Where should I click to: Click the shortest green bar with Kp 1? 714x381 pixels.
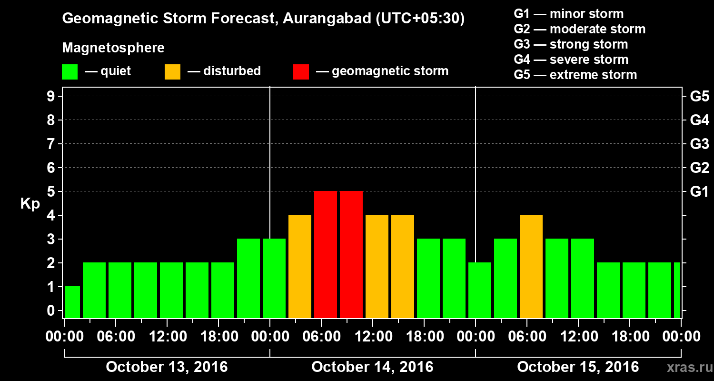(72, 302)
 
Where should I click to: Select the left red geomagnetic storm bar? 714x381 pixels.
(326, 254)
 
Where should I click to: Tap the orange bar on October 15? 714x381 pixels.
(531, 266)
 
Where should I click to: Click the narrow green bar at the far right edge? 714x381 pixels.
(677, 290)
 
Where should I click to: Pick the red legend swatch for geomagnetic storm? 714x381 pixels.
(301, 71)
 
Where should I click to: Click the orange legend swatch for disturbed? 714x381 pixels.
(172, 71)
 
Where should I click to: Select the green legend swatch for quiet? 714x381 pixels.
(69, 71)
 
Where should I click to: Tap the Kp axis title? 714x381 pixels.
(30, 204)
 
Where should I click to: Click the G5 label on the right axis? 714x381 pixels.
(699, 97)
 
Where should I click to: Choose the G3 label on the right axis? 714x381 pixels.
(699, 144)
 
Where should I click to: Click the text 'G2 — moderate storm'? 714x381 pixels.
(579, 29)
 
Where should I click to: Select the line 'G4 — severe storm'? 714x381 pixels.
(571, 60)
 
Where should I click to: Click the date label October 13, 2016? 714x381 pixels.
(167, 367)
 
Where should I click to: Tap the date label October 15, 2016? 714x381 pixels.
(578, 367)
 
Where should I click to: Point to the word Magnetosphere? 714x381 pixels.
(113, 48)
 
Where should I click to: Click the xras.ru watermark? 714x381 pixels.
(686, 368)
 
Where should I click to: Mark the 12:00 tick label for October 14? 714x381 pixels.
(373, 337)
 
